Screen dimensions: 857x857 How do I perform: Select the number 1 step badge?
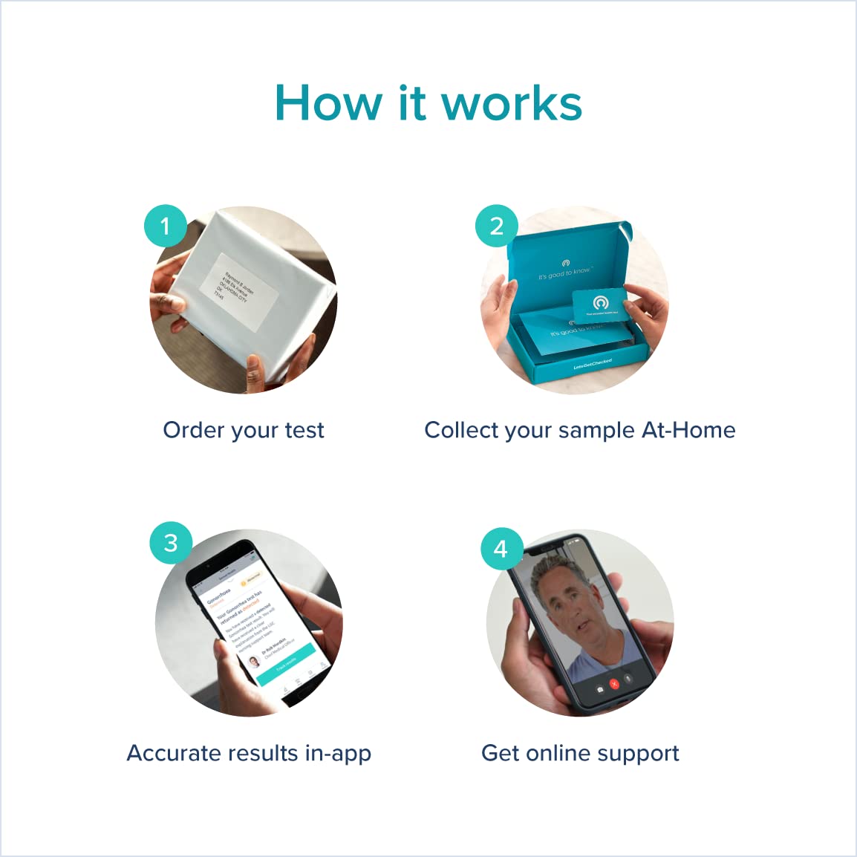coord(165,226)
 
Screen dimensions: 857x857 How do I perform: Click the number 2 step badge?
coord(497,226)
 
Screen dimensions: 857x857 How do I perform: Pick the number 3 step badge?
coord(171,543)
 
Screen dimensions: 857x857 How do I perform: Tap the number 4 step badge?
coord(501,549)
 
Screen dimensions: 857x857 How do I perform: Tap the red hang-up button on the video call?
coord(614,684)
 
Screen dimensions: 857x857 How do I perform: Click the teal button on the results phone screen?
coord(286,660)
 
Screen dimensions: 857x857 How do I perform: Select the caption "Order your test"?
coord(244,430)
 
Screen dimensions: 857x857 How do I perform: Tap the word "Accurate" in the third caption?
coord(175,753)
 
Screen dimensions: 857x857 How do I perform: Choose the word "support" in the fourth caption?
coord(641,754)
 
